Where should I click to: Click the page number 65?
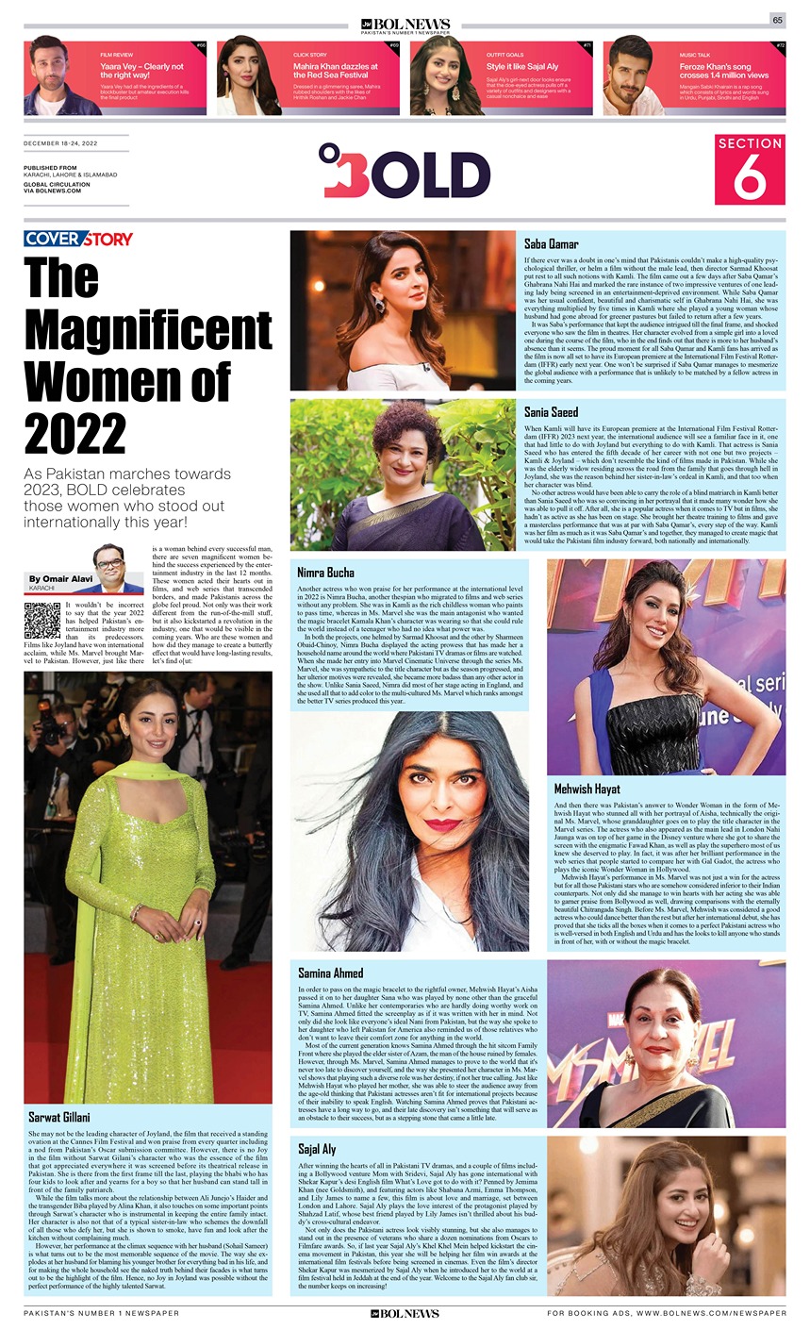click(x=777, y=20)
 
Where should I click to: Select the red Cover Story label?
click(x=78, y=239)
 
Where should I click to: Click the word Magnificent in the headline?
click(x=148, y=329)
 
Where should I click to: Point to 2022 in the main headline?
click(x=75, y=433)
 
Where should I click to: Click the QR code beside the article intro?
click(x=41, y=620)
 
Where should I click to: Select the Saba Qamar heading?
click(x=552, y=243)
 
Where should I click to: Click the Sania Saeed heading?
click(x=552, y=412)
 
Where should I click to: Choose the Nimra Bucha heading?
click(x=325, y=573)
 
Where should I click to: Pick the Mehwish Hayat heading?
click(x=587, y=789)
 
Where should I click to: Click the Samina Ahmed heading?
click(x=330, y=973)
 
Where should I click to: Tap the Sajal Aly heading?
click(x=317, y=1150)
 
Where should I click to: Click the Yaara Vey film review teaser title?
click(x=141, y=71)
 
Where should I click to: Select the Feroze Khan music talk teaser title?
click(x=723, y=71)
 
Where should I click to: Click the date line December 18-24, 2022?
click(x=60, y=143)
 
